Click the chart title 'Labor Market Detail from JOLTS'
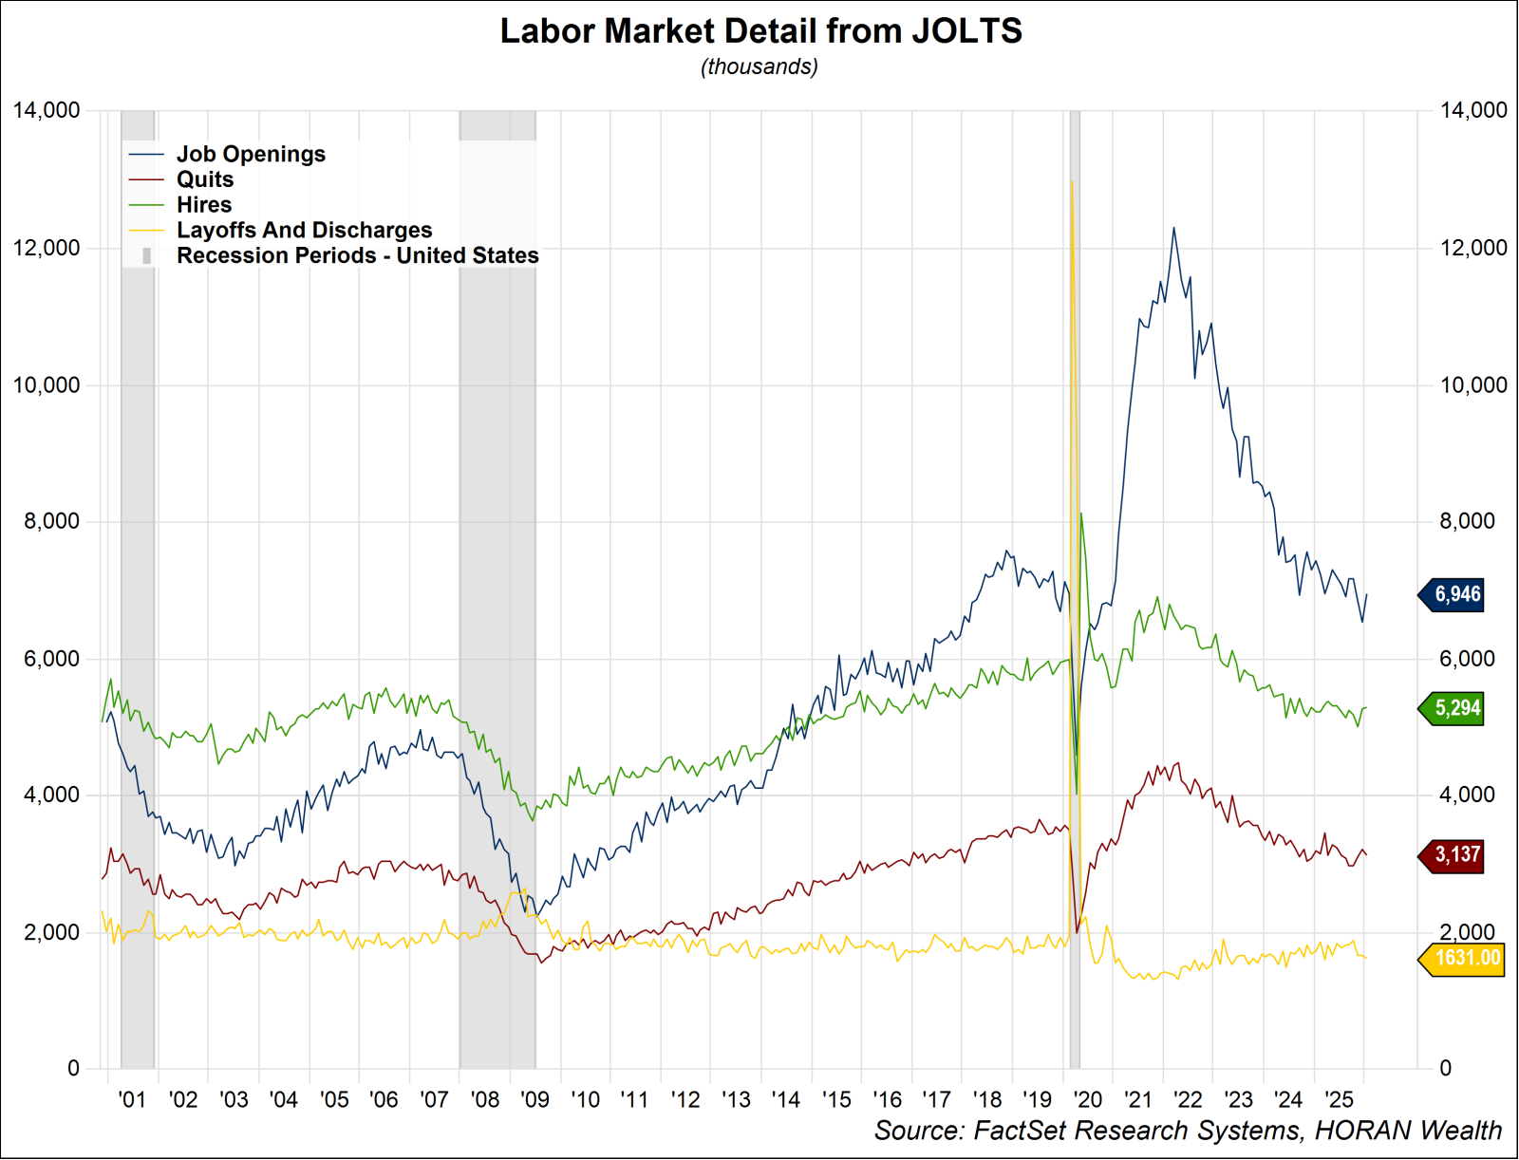click(x=760, y=31)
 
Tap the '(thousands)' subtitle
click(x=759, y=66)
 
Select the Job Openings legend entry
click(x=251, y=154)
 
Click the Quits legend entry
click(x=205, y=179)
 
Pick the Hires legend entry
click(x=204, y=205)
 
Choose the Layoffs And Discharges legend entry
click(x=304, y=231)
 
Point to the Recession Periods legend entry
click(x=357, y=255)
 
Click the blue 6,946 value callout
click(x=1455, y=595)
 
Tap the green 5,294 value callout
click(x=1455, y=708)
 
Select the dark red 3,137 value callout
click(x=1455, y=854)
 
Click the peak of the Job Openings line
click(x=1173, y=228)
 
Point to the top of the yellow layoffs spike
click(x=1072, y=181)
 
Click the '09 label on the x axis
click(x=534, y=1099)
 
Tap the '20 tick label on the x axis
click(x=1087, y=1099)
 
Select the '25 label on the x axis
click(x=1339, y=1099)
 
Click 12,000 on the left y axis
click(x=47, y=248)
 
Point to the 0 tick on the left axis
click(x=73, y=1068)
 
